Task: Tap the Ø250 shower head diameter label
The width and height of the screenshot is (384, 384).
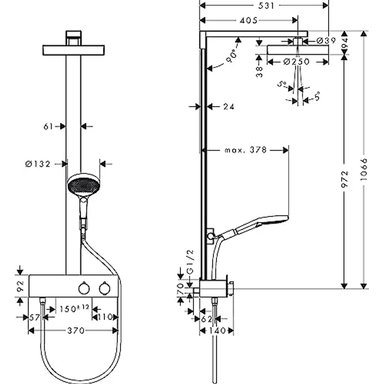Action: coord(296,62)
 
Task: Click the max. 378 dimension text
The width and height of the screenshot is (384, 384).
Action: coord(245,150)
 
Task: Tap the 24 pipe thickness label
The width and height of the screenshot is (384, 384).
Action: coord(228,106)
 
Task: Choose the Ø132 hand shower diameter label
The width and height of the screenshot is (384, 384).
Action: coord(38,164)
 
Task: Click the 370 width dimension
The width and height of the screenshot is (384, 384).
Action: coord(73,330)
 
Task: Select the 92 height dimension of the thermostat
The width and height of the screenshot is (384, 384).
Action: coord(20,286)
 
